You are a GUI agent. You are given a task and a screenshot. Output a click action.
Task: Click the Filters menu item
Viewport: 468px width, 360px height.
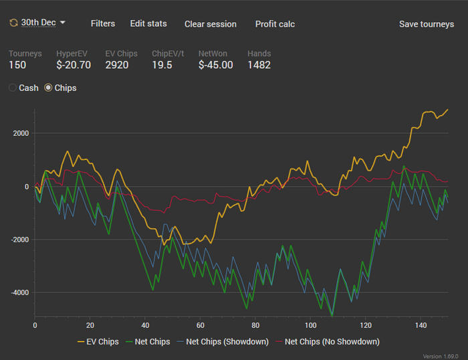(x=103, y=23)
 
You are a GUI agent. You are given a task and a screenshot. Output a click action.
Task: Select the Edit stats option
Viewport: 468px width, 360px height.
(x=148, y=23)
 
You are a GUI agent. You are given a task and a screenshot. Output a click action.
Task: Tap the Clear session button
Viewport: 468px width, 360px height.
(x=211, y=24)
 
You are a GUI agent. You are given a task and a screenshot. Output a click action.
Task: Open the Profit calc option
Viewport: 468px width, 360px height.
(x=275, y=24)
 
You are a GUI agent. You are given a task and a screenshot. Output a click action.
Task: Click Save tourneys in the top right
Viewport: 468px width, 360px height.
(x=427, y=24)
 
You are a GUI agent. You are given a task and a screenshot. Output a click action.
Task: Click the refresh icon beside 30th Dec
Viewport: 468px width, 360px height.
(x=13, y=23)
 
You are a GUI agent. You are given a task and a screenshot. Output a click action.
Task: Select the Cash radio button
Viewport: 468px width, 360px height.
(x=13, y=88)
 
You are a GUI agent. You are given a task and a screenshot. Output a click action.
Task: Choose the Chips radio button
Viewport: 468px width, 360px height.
(x=48, y=88)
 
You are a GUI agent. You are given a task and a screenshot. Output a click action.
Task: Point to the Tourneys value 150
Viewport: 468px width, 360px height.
(x=18, y=65)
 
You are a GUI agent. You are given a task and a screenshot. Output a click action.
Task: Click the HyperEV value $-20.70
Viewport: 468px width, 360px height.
(x=74, y=65)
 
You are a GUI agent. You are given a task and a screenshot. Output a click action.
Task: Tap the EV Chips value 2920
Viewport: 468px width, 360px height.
(x=117, y=65)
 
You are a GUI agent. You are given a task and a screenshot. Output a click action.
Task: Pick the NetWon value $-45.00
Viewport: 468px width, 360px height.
(x=216, y=65)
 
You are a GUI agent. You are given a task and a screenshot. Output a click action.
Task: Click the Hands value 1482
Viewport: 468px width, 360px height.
(x=259, y=65)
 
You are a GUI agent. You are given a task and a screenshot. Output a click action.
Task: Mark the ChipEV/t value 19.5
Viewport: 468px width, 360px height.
(x=162, y=65)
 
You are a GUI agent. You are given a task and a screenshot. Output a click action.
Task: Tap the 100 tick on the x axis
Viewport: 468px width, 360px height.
(x=310, y=325)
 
